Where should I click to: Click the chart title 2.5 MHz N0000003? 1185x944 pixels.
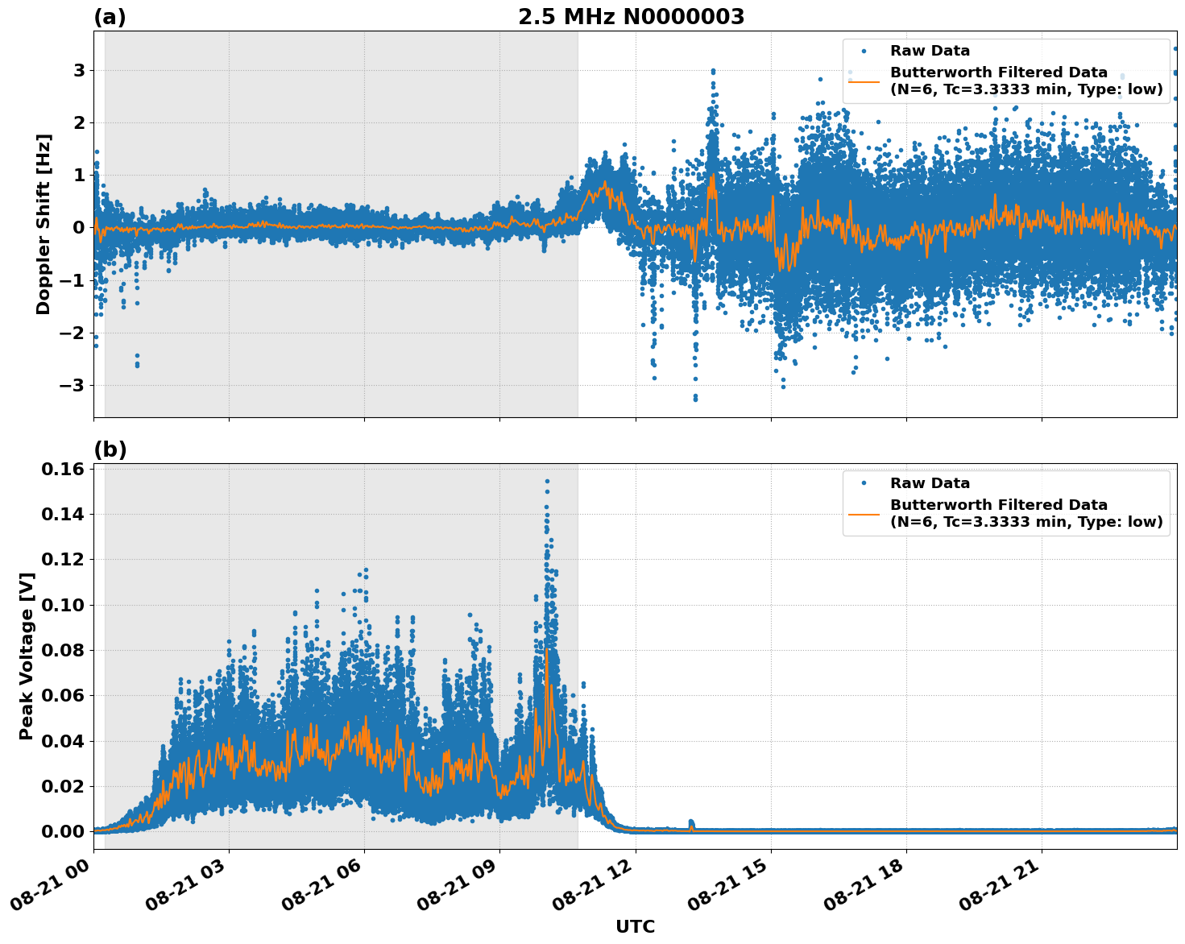click(631, 17)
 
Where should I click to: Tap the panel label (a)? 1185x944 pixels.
click(110, 17)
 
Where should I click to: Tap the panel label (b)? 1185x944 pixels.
click(110, 449)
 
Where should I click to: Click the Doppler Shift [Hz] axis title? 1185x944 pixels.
click(44, 224)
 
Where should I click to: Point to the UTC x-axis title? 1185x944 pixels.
click(635, 926)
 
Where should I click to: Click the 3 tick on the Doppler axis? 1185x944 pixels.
click(78, 70)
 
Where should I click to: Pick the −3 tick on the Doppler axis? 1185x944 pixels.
click(73, 385)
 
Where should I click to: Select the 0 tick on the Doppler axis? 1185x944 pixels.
click(78, 227)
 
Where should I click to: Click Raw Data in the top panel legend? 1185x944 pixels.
click(930, 51)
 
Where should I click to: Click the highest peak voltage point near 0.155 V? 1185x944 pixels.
click(547, 481)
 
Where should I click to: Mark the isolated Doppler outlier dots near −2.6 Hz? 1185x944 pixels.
click(137, 362)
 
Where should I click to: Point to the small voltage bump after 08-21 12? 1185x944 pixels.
click(691, 823)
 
